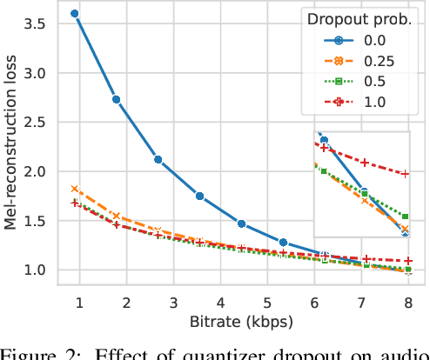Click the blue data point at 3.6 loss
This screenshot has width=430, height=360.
[x=75, y=14]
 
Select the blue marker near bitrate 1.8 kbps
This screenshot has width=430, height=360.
[x=117, y=99]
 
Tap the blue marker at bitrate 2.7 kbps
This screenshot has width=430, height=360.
[x=158, y=159]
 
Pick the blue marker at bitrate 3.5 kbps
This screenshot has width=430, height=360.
[x=199, y=196]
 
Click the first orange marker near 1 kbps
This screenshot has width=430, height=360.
[x=75, y=189]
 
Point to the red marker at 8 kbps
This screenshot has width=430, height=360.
[x=408, y=261]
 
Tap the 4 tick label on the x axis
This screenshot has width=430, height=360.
[x=219, y=302]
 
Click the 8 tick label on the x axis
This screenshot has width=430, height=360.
[x=408, y=302]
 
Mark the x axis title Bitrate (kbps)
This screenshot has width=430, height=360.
[x=241, y=322]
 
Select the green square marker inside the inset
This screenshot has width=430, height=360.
[x=405, y=217]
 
